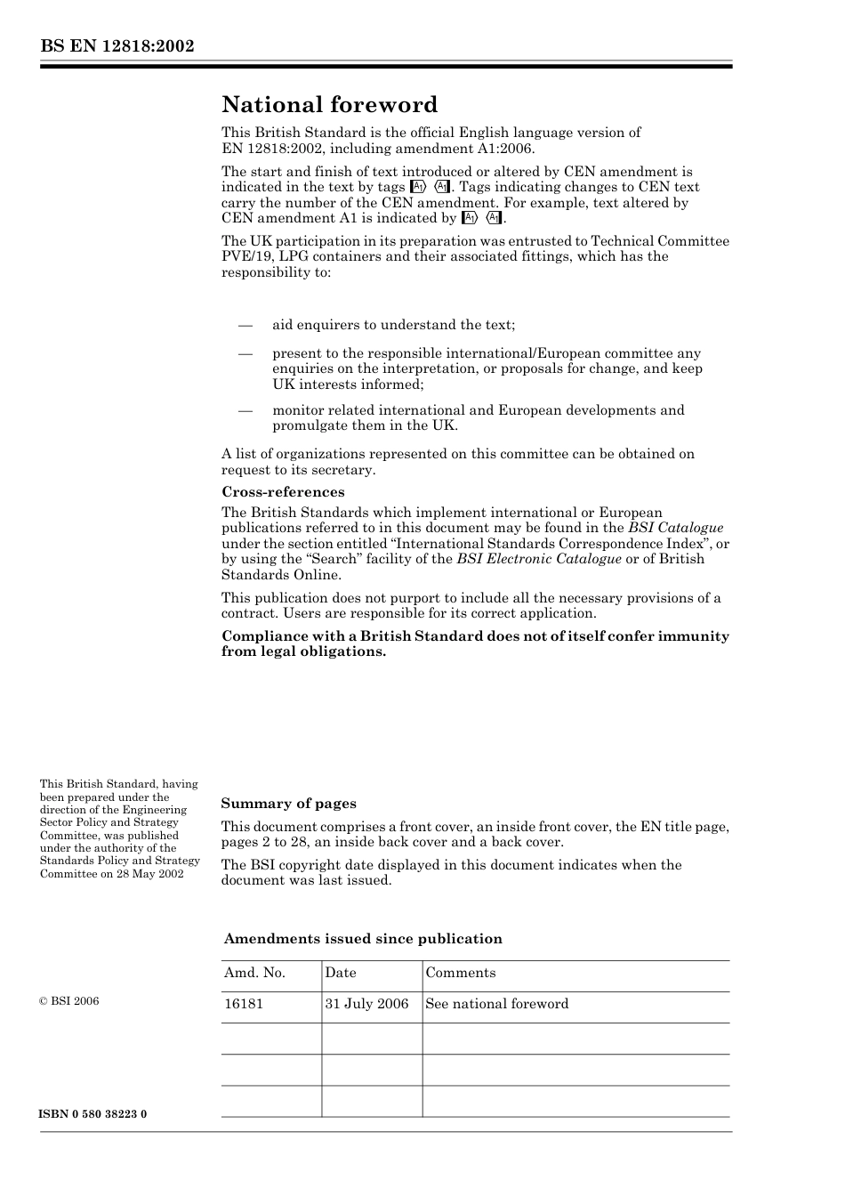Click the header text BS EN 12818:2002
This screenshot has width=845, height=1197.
[117, 46]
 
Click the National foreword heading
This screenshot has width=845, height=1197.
[329, 105]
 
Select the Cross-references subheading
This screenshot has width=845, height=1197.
[283, 492]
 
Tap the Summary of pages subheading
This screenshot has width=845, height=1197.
[288, 804]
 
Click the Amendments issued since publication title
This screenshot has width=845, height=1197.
[363, 939]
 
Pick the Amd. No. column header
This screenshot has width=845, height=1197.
[254, 973]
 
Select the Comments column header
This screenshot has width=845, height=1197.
[460, 973]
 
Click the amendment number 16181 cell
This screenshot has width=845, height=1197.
[244, 1004]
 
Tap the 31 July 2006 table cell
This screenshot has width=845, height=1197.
[366, 1004]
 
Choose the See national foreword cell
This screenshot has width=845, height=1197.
[496, 1004]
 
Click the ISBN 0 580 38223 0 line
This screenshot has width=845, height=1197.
[93, 1114]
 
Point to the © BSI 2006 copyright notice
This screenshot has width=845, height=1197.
[69, 1001]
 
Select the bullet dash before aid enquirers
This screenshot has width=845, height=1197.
[245, 326]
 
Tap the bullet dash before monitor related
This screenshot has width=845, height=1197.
[245, 410]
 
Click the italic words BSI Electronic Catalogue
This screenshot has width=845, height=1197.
[539, 559]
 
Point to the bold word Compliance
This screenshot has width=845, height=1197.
[263, 636]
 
